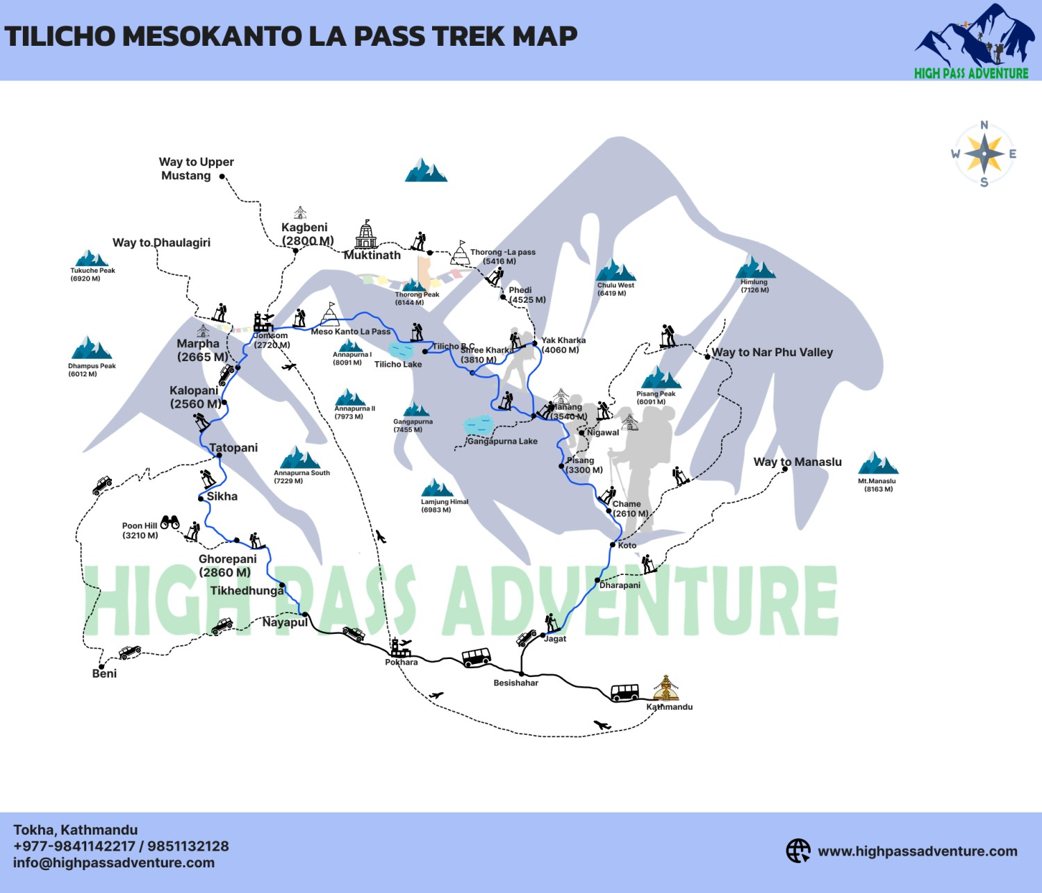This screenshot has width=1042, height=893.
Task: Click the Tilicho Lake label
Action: [398, 364]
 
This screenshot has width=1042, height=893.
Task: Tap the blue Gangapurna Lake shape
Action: [478, 425]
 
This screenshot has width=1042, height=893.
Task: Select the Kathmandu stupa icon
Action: [665, 688]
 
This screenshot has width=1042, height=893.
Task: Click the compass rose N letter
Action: [984, 125]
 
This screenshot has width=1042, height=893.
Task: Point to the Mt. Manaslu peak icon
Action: [877, 463]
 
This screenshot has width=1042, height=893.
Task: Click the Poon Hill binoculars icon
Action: [170, 521]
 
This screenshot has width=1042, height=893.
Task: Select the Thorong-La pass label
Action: [502, 257]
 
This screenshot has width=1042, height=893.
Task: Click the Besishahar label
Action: [515, 683]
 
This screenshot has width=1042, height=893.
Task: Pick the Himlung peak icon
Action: [755, 267]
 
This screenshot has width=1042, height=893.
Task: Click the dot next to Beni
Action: [101, 667]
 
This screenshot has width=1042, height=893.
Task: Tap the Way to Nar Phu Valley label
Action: [772, 352]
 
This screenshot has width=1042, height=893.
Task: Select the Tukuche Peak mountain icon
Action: [91, 258]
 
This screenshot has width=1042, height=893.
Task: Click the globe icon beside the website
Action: [798, 851]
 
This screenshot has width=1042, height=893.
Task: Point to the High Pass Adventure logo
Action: [973, 42]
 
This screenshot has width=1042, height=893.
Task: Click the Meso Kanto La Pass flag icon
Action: [330, 314]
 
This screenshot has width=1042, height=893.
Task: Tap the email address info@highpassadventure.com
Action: [114, 863]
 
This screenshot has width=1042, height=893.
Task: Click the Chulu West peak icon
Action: [615, 270]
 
